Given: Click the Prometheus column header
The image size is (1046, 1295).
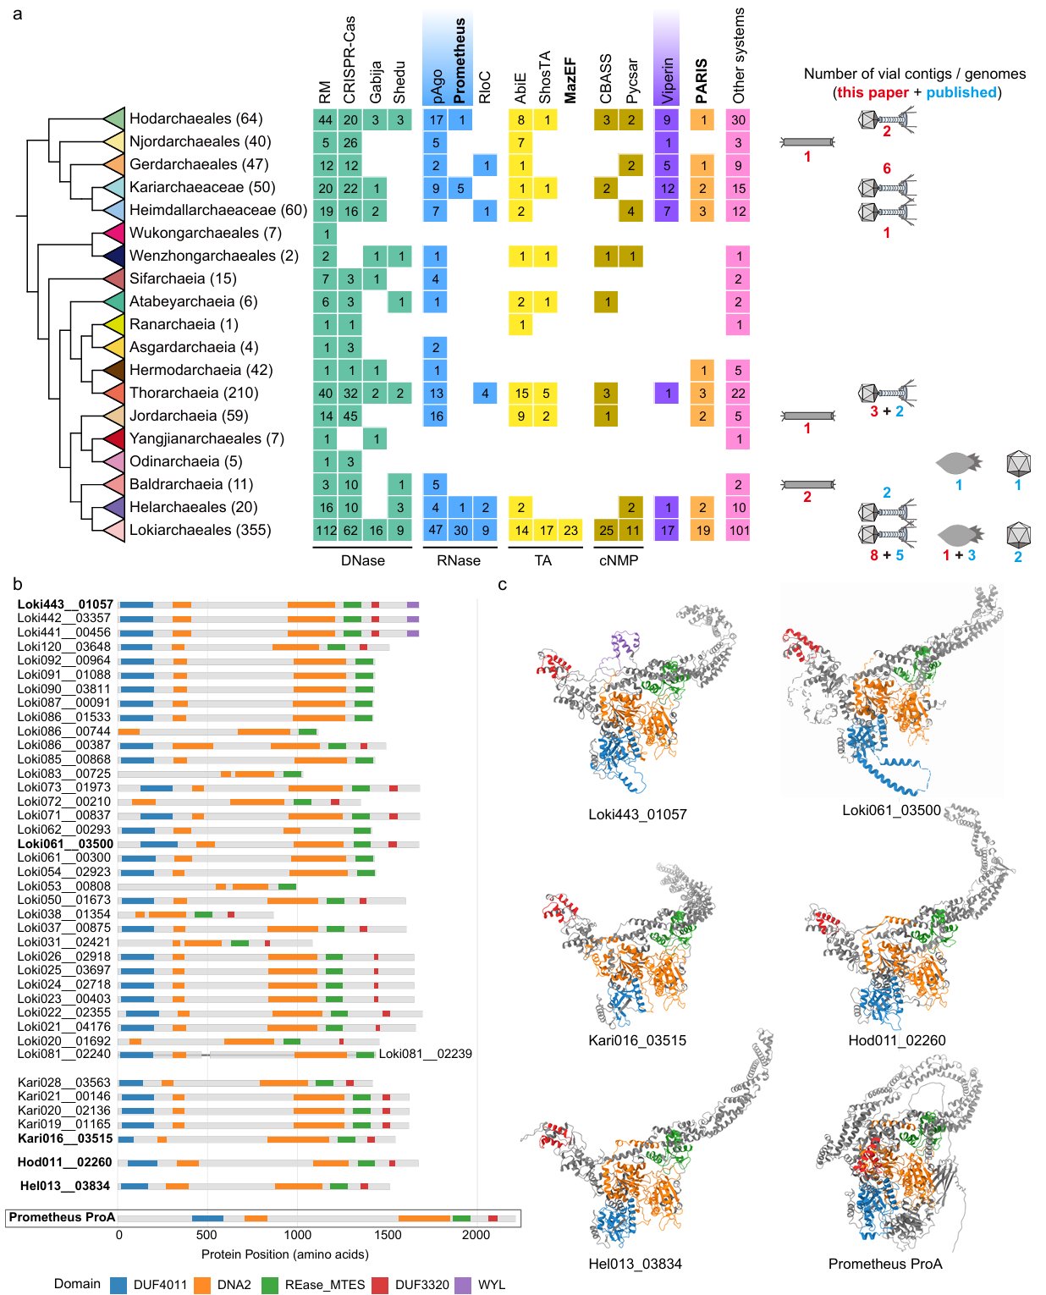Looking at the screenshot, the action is [x=460, y=61].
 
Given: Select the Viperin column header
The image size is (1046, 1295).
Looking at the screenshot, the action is [x=667, y=81].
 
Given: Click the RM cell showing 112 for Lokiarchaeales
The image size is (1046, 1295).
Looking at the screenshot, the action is [x=326, y=530].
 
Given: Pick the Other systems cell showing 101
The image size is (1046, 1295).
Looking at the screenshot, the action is [x=739, y=530].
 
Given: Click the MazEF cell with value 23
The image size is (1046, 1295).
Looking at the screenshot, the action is [x=570, y=530].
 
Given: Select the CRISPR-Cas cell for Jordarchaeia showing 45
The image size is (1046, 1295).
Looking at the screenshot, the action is [x=350, y=416].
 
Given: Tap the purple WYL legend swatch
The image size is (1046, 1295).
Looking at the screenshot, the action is [x=463, y=1285].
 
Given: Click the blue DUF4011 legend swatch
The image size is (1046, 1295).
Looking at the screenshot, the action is [x=118, y=1285].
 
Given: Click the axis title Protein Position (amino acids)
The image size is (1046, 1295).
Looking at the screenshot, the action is [x=284, y=1254].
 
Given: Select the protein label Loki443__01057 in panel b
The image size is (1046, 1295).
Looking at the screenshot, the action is [x=65, y=604].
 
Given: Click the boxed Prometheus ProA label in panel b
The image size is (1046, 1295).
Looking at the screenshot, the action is [x=62, y=1216].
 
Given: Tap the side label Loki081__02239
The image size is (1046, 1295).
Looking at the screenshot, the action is [x=425, y=1054].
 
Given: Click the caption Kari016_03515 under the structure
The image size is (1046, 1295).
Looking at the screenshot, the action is [x=637, y=1039].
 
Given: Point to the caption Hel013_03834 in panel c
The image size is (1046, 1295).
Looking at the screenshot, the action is [x=635, y=1264].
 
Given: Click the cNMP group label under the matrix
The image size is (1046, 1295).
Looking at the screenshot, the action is [x=618, y=560].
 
